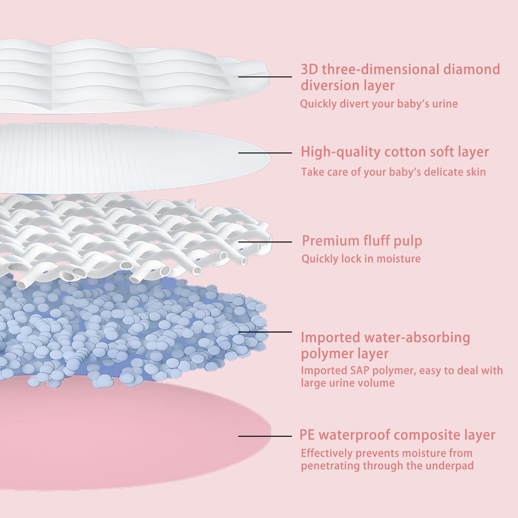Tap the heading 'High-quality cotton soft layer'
(395, 152)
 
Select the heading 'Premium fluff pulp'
(362, 240)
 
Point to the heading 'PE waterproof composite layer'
(397, 435)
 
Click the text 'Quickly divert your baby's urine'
(379, 104)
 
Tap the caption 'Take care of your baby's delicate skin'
(393, 172)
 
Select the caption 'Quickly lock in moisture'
(361, 258)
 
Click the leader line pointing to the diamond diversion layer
(265, 77)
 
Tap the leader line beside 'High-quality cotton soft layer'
(265, 153)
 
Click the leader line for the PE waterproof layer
(265, 436)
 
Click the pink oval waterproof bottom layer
(129, 440)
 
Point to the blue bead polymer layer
(129, 332)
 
